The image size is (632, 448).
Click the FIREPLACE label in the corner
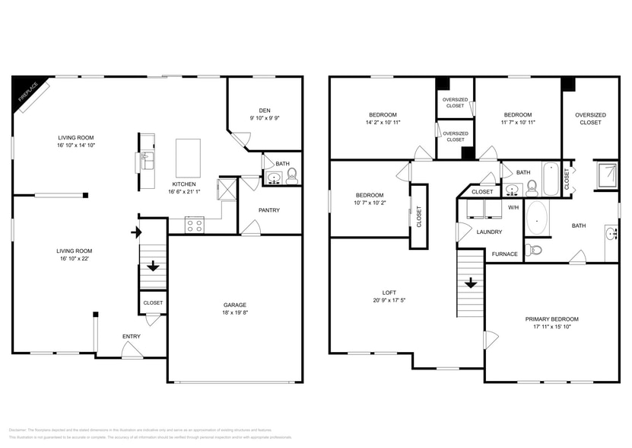(x=28, y=93)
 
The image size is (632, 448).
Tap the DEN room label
(x=264, y=109)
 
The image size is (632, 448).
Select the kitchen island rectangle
(x=188, y=158)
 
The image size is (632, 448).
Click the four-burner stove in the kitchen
(x=194, y=225)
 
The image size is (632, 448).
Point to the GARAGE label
(x=234, y=305)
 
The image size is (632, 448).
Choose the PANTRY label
(x=269, y=210)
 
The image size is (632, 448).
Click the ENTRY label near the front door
(x=132, y=336)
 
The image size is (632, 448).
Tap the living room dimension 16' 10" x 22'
(x=75, y=259)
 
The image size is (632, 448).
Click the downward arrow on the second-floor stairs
(x=471, y=283)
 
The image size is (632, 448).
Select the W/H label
(x=513, y=207)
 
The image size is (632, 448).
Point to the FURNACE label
(x=505, y=254)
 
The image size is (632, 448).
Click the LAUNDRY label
(x=490, y=232)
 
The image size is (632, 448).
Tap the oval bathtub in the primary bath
(x=538, y=218)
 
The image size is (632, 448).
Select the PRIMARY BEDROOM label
(x=552, y=318)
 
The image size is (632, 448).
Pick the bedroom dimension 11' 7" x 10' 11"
(x=517, y=122)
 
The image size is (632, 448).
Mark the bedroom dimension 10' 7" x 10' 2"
(x=370, y=203)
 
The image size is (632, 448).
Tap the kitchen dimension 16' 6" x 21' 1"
(x=184, y=192)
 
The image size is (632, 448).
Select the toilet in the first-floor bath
(x=291, y=177)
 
